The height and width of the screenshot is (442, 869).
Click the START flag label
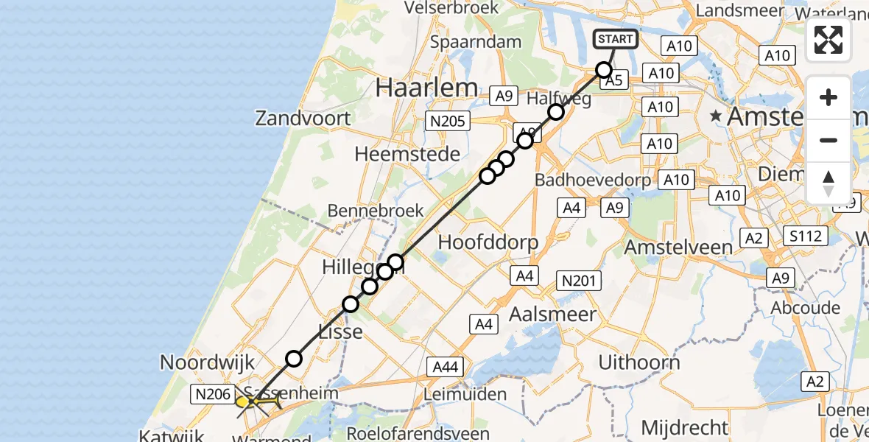(614, 39)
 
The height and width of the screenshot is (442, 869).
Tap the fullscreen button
(828, 40)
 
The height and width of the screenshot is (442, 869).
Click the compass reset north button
(828, 183)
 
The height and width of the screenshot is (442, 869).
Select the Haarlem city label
(426, 88)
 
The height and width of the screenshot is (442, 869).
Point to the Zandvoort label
(303, 118)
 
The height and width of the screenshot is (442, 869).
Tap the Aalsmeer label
(552, 315)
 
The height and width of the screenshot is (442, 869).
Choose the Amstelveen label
(678, 248)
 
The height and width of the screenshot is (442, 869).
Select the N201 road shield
(581, 280)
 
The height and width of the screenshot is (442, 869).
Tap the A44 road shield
(446, 366)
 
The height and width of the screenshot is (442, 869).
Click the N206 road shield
(213, 395)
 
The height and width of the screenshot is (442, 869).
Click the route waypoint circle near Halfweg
(556, 112)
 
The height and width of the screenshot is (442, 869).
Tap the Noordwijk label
(207, 362)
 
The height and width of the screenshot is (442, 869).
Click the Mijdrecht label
(685, 427)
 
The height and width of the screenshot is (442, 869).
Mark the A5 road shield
(614, 81)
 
